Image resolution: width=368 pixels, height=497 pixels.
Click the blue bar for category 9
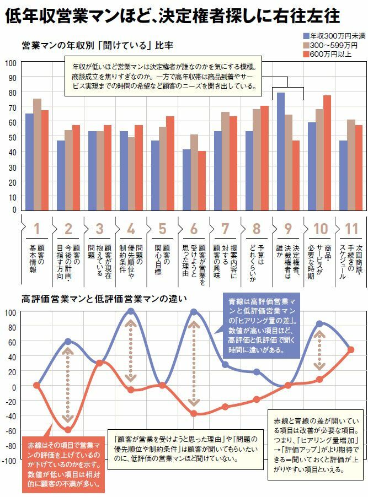[281, 151]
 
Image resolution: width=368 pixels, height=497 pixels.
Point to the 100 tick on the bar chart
[11, 62]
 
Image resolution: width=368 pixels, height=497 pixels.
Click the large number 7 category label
[225, 229]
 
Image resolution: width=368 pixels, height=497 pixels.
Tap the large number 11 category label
[351, 229]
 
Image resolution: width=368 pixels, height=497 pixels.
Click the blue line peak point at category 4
[131, 311]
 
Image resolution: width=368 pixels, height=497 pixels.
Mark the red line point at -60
[68, 430]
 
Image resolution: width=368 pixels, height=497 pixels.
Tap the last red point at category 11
[351, 350]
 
